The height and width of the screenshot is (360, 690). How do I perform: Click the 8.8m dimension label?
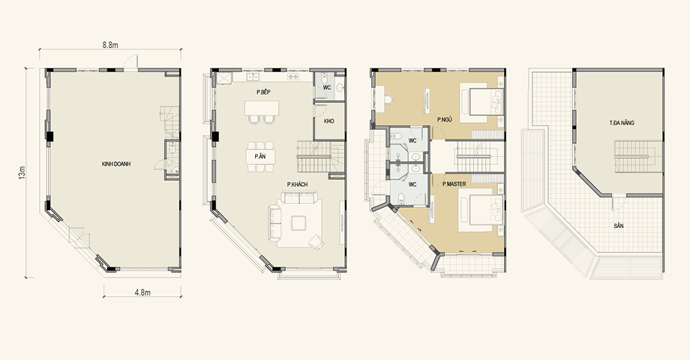coord(110,44)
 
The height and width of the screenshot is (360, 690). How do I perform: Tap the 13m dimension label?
coord(22,172)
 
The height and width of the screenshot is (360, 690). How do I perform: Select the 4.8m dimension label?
coord(142,292)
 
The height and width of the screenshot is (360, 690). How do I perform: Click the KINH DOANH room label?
coord(116,164)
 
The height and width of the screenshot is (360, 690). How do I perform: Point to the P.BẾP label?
coord(263,92)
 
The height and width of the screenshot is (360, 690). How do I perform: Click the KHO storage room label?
coord(328,121)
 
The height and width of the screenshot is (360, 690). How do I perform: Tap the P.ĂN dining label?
coord(260,156)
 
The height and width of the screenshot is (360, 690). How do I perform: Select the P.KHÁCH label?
coord(298,184)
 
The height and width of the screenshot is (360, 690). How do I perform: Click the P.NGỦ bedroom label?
coord(445,119)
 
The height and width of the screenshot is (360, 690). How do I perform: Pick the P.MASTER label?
coord(454,184)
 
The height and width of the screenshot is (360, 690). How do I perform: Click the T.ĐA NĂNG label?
coord(622,123)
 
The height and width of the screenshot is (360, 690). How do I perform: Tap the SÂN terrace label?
coord(619,226)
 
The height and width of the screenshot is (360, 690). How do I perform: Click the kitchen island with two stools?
coord(262,112)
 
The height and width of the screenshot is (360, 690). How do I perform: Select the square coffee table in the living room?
coord(298,223)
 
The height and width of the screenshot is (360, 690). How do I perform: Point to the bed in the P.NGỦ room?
coord(481,99)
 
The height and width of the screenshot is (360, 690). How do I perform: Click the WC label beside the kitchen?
coord(327,88)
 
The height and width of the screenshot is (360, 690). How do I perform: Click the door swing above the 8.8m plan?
coord(130,62)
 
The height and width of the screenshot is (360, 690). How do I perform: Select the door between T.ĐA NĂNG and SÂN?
coord(619,203)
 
